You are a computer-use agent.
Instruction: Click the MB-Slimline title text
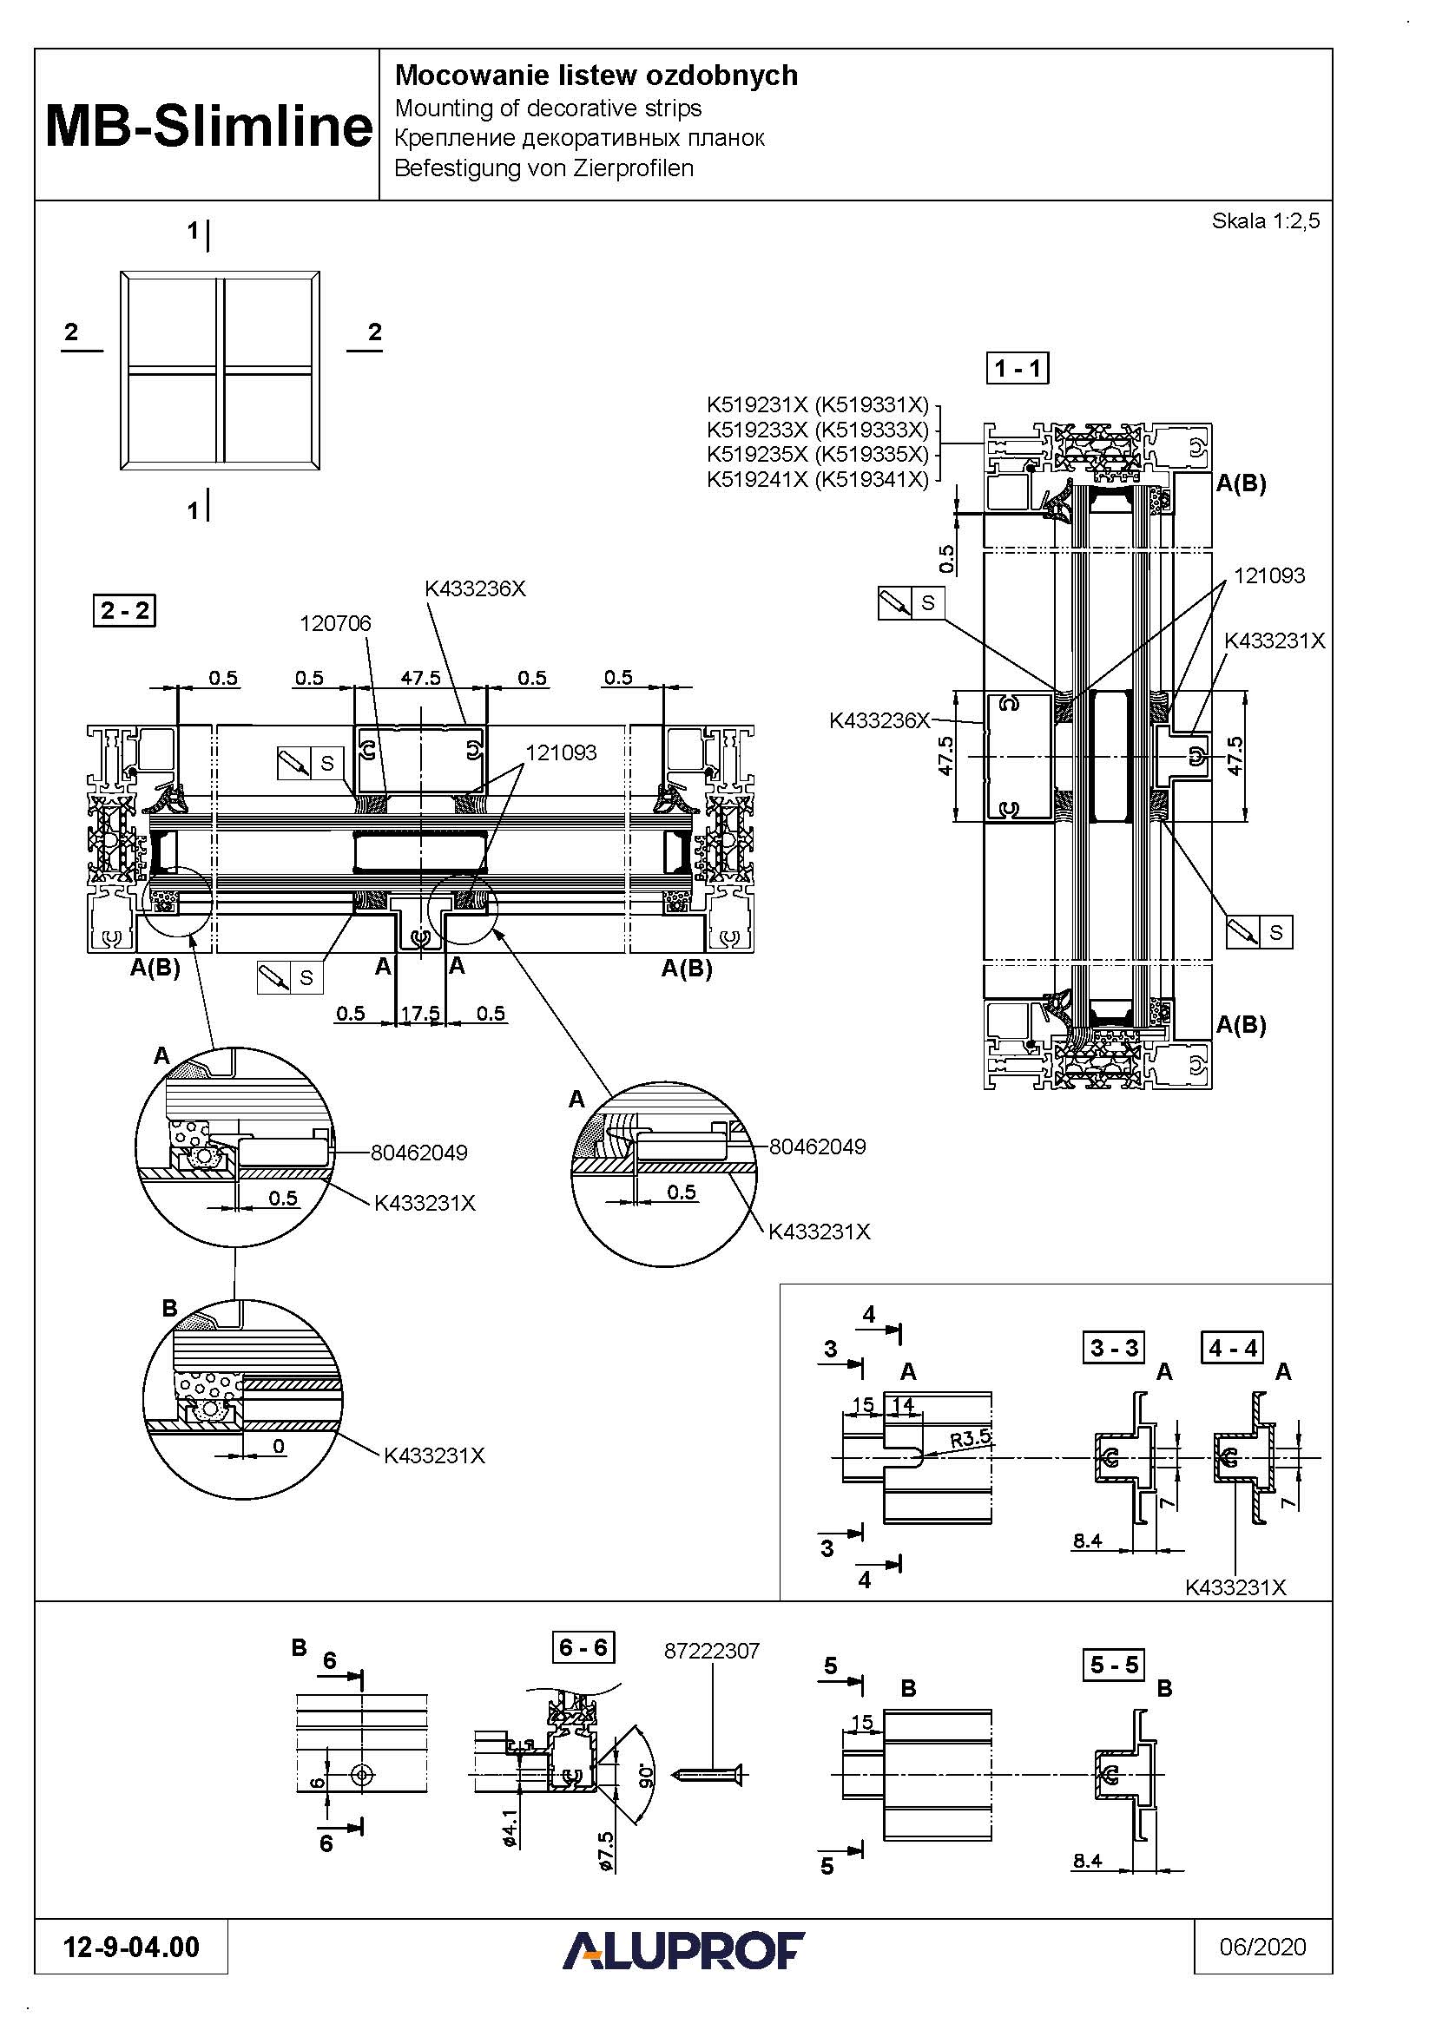coord(208,127)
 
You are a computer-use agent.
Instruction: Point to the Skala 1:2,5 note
coord(1265,221)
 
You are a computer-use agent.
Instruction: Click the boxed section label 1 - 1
coord(1018,368)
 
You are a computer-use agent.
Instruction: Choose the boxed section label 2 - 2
coord(125,610)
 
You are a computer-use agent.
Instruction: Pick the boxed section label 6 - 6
coord(583,1647)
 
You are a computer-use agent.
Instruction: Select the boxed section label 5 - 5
coord(1114,1665)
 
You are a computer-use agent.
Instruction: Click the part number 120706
coord(335,623)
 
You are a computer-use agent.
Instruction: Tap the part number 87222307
coord(712,1651)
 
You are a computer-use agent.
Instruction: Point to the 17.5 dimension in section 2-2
coord(420,1013)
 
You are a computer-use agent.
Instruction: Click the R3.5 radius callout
coord(970,1438)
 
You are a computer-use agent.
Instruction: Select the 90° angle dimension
coord(647,1773)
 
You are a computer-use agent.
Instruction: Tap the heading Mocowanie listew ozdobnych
coord(596,76)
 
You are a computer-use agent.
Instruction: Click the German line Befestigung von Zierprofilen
coord(543,168)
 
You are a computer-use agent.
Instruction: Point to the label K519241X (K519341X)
coord(818,479)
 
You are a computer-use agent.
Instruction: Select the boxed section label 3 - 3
coord(1114,1348)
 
